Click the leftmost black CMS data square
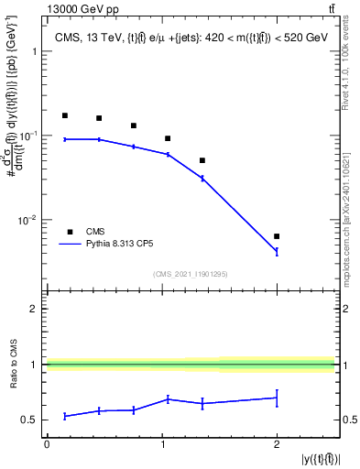[x=65, y=115]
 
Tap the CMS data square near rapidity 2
[x=277, y=236]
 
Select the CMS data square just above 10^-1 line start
[x=168, y=138]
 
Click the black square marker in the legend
[x=70, y=232]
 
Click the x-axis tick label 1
[x=162, y=444]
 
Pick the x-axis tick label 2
[x=277, y=444]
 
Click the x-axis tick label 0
[x=47, y=444]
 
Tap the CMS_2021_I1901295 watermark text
[x=191, y=274]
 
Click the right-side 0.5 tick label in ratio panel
[x=346, y=420]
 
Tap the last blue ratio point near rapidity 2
[x=277, y=398]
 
